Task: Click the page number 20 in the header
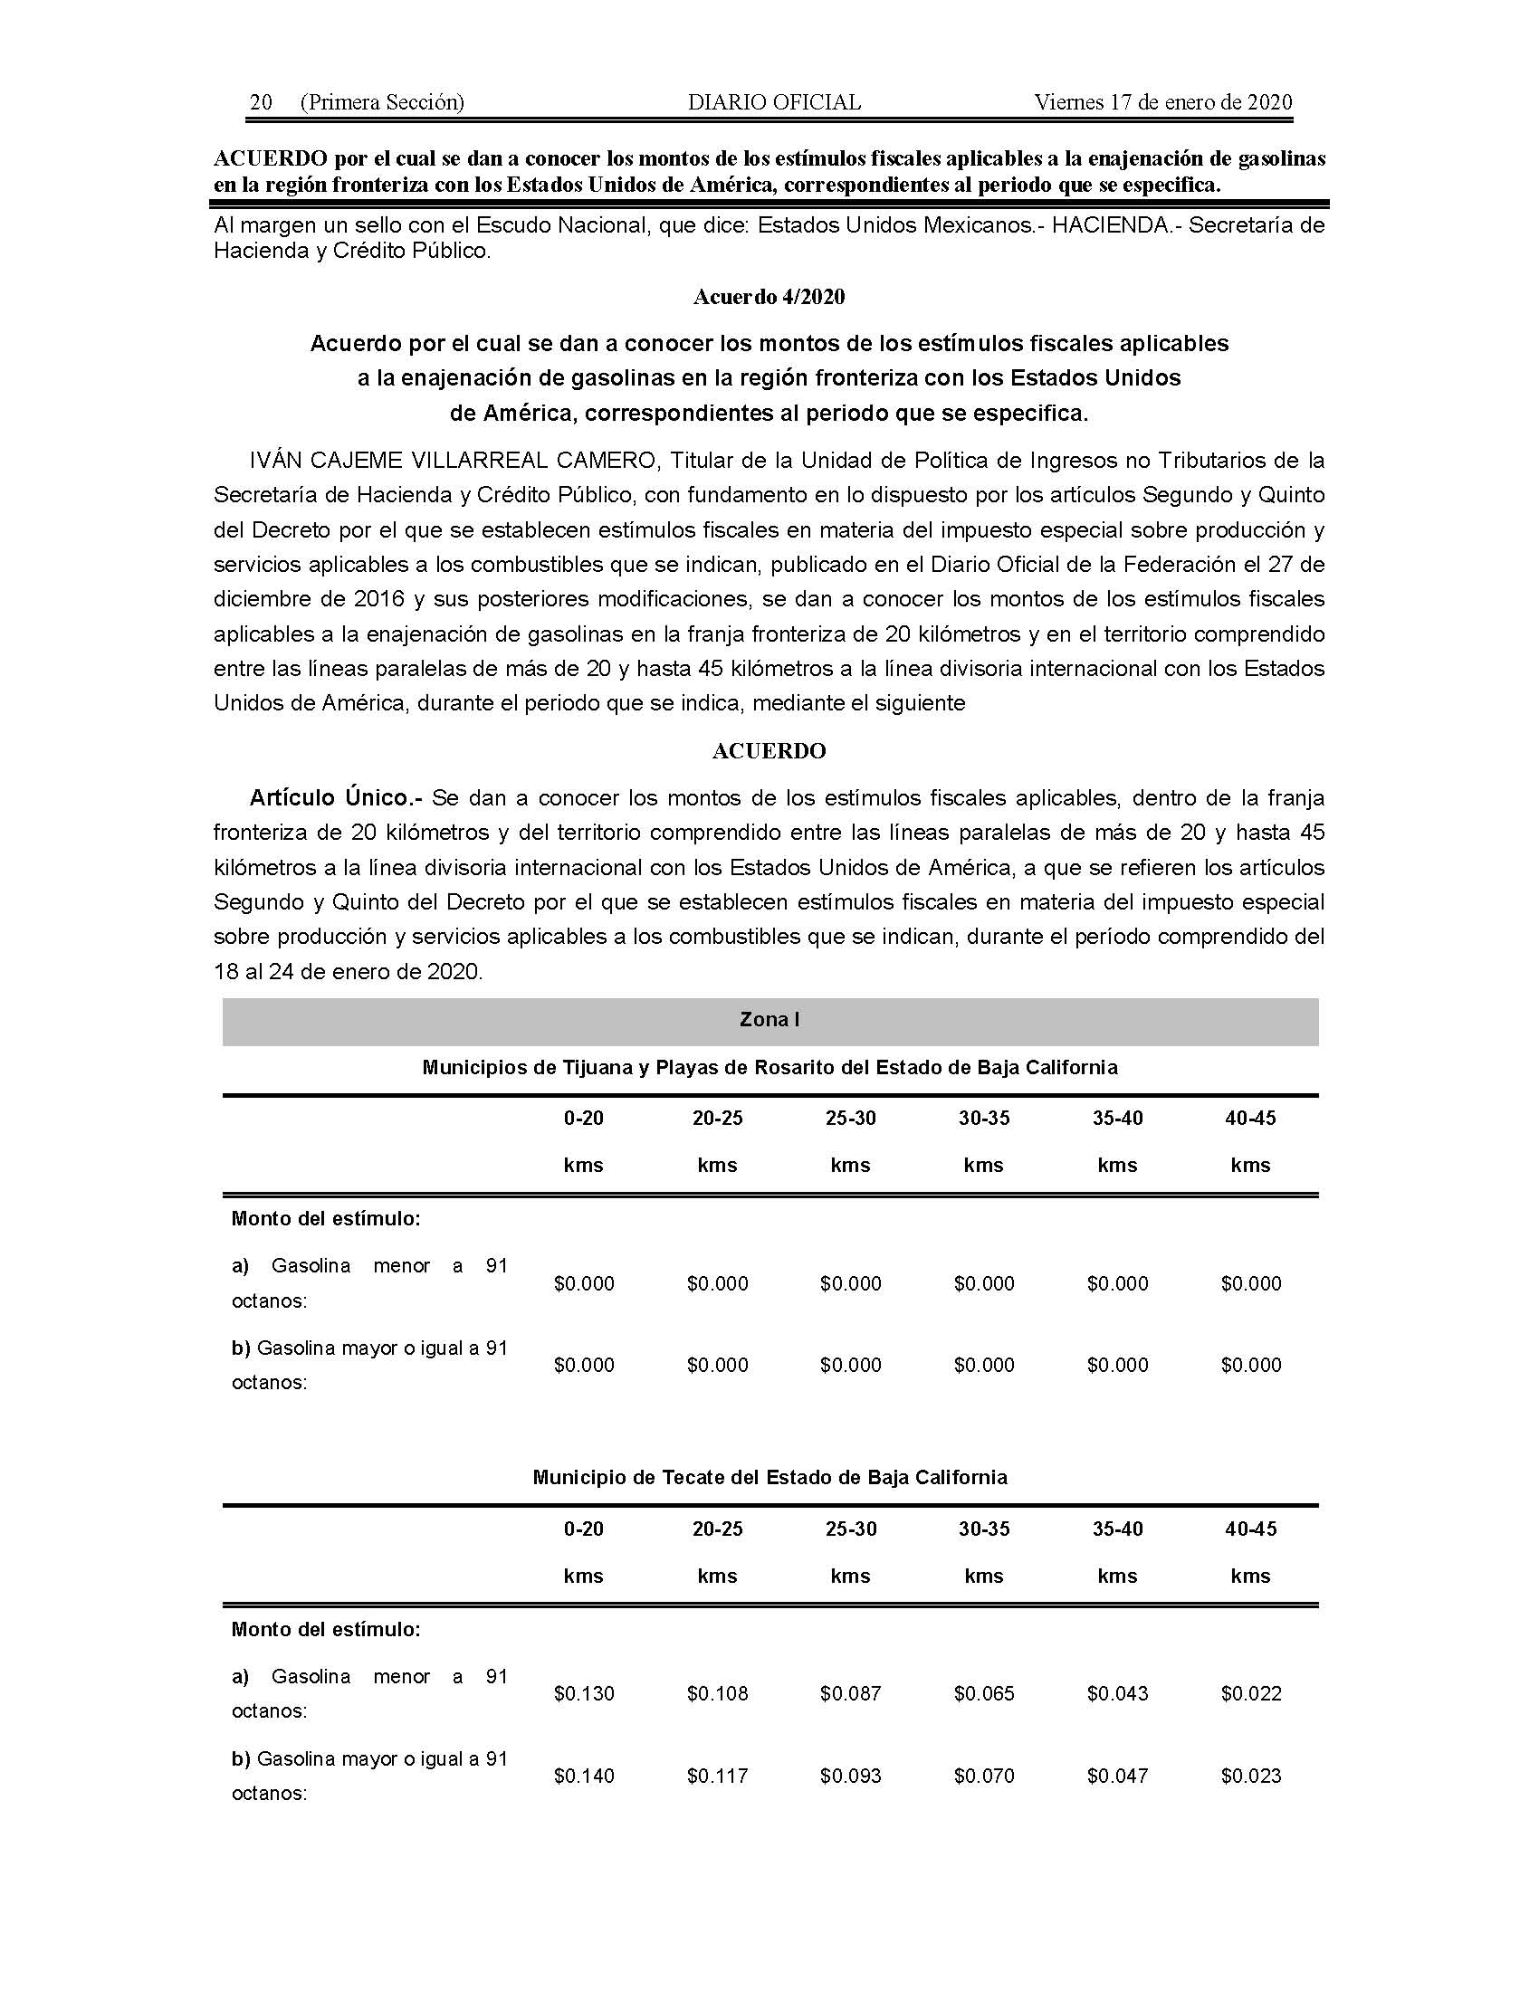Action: click(261, 102)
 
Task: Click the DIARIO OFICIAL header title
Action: click(774, 102)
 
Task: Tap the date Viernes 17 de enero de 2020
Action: click(1163, 102)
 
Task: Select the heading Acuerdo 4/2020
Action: click(769, 297)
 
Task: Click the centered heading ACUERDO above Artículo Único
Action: click(769, 751)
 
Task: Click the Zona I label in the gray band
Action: click(769, 1019)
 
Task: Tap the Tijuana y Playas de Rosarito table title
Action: click(769, 1068)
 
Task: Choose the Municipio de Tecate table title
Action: click(769, 1478)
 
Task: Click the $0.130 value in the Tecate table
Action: click(584, 1694)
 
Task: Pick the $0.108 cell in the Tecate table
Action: click(718, 1694)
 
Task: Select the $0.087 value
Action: click(851, 1694)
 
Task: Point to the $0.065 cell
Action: click(984, 1694)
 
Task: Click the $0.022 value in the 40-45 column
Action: click(1251, 1694)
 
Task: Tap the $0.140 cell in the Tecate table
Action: click(584, 1776)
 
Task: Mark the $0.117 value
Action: click(718, 1776)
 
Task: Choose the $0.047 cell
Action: click(1117, 1776)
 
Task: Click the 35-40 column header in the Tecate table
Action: click(1117, 1529)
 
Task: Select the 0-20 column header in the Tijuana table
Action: click(584, 1119)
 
